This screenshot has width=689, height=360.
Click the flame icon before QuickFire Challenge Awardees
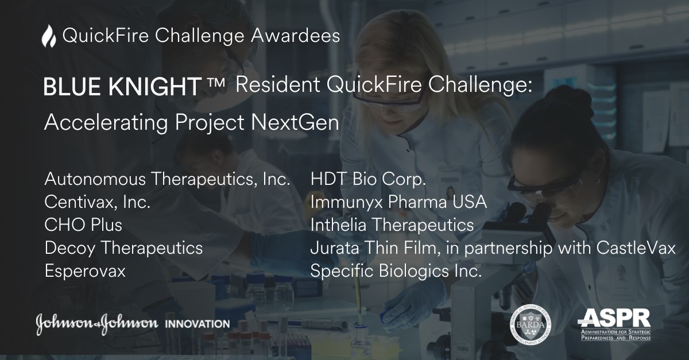point(49,37)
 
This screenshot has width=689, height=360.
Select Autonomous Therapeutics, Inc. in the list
point(167,179)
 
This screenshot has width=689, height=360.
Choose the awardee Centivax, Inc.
point(98,202)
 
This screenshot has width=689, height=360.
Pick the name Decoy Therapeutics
point(123,247)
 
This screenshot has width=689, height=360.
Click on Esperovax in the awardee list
point(85,271)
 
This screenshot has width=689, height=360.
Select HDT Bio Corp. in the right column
point(368,179)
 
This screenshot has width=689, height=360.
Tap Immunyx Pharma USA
point(398,202)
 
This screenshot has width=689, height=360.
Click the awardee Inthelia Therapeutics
point(392,224)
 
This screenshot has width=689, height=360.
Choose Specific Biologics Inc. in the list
point(396,271)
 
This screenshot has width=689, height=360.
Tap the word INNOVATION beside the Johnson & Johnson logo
point(197,324)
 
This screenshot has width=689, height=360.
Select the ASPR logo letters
point(614,317)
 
